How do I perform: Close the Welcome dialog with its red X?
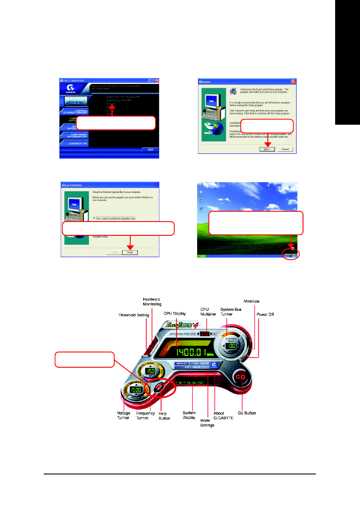point(293,81)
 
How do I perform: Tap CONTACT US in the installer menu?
point(75,143)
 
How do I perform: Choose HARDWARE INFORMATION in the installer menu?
point(75,135)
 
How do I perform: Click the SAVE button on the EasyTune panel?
point(205,363)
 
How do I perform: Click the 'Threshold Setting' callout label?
point(133,315)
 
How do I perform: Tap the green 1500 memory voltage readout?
point(135,390)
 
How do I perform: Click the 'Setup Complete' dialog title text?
point(72,185)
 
